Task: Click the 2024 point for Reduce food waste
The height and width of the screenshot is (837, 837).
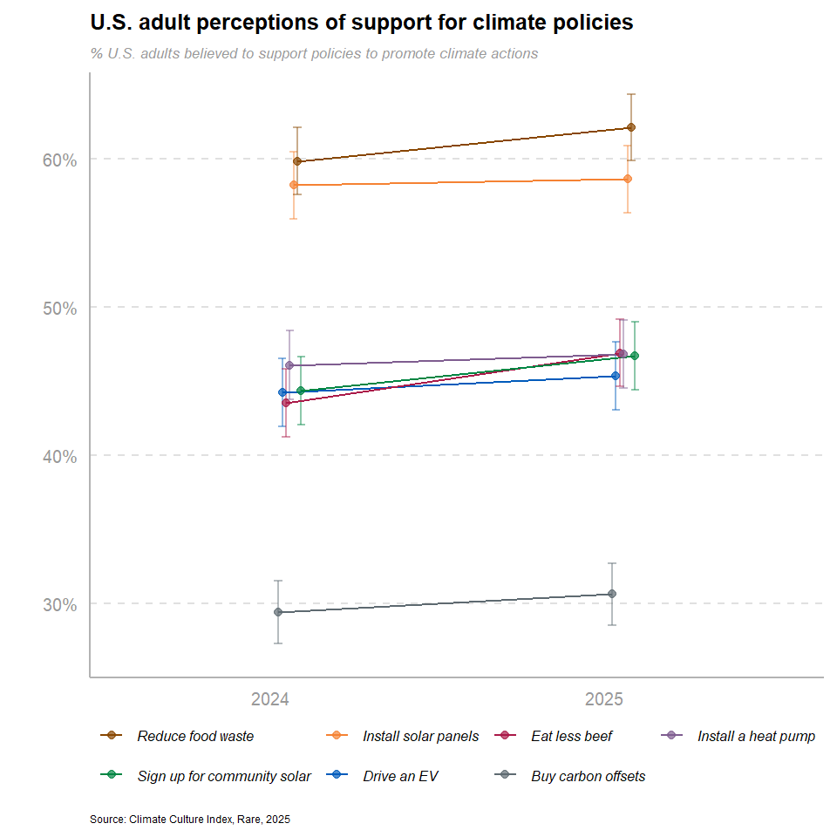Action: (297, 161)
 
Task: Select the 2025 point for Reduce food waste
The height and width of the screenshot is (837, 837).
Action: (631, 127)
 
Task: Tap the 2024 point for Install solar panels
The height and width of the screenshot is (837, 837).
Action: (294, 185)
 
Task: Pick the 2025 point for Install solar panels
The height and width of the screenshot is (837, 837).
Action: (628, 179)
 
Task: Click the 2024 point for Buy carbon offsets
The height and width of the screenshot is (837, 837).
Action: (278, 612)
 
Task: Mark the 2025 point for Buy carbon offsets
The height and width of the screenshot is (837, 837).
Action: (612, 594)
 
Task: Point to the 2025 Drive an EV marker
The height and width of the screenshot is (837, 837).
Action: (616, 376)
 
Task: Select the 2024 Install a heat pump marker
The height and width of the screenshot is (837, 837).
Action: (289, 365)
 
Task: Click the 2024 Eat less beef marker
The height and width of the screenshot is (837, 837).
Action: (286, 403)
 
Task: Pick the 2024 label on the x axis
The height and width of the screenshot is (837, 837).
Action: (270, 699)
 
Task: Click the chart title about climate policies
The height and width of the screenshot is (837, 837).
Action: (362, 23)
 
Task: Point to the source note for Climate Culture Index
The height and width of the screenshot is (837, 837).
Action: (190, 820)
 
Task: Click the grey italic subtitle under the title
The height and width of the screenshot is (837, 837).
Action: (314, 54)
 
